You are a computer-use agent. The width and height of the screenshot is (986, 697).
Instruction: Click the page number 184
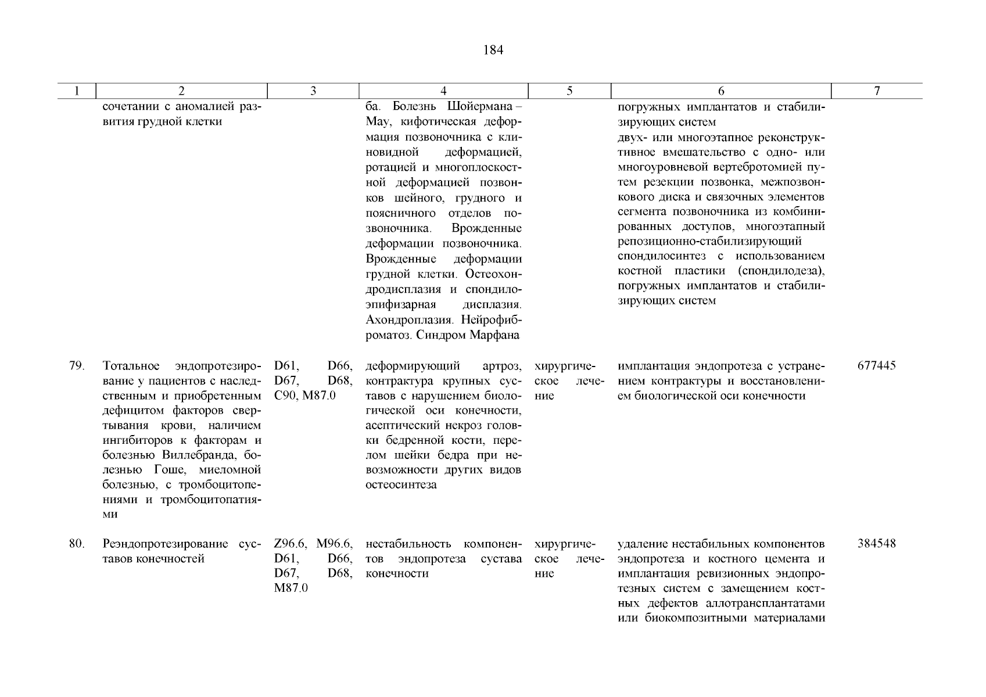(x=493, y=51)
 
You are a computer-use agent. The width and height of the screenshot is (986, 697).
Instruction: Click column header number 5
(x=569, y=91)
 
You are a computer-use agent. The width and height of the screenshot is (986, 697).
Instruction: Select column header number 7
(x=877, y=91)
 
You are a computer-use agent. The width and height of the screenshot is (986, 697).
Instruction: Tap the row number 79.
(x=77, y=366)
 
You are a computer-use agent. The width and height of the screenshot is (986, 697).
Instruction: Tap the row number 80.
(x=77, y=544)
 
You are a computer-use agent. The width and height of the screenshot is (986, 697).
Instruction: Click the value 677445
(x=876, y=366)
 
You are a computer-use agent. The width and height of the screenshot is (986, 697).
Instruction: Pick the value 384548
(x=876, y=544)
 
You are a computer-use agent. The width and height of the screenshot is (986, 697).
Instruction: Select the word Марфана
(x=497, y=335)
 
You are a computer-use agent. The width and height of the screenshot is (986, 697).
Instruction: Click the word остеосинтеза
(x=401, y=485)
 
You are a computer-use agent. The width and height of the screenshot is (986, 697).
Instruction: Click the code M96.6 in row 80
(x=335, y=544)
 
